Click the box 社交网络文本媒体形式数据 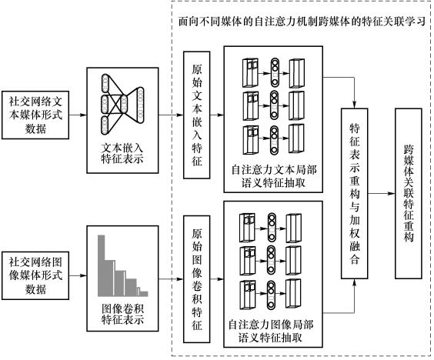35,115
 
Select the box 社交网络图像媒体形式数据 35,275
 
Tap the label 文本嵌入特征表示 122,153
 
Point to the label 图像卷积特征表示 122,314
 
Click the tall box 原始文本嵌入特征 197,115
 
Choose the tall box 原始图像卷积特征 197,279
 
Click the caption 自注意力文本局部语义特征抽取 273,176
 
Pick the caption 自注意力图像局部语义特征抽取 270,331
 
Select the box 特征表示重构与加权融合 355,193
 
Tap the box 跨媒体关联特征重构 409,193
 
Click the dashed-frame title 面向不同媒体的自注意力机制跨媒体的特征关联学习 302,22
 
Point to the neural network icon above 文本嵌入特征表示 122,105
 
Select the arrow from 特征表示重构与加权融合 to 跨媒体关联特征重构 382,193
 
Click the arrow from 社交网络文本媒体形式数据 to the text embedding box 78,115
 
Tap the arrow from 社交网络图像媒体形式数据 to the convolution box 78,275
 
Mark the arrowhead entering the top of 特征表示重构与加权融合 354,105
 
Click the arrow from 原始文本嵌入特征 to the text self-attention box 217,115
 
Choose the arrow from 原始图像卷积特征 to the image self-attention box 217,279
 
